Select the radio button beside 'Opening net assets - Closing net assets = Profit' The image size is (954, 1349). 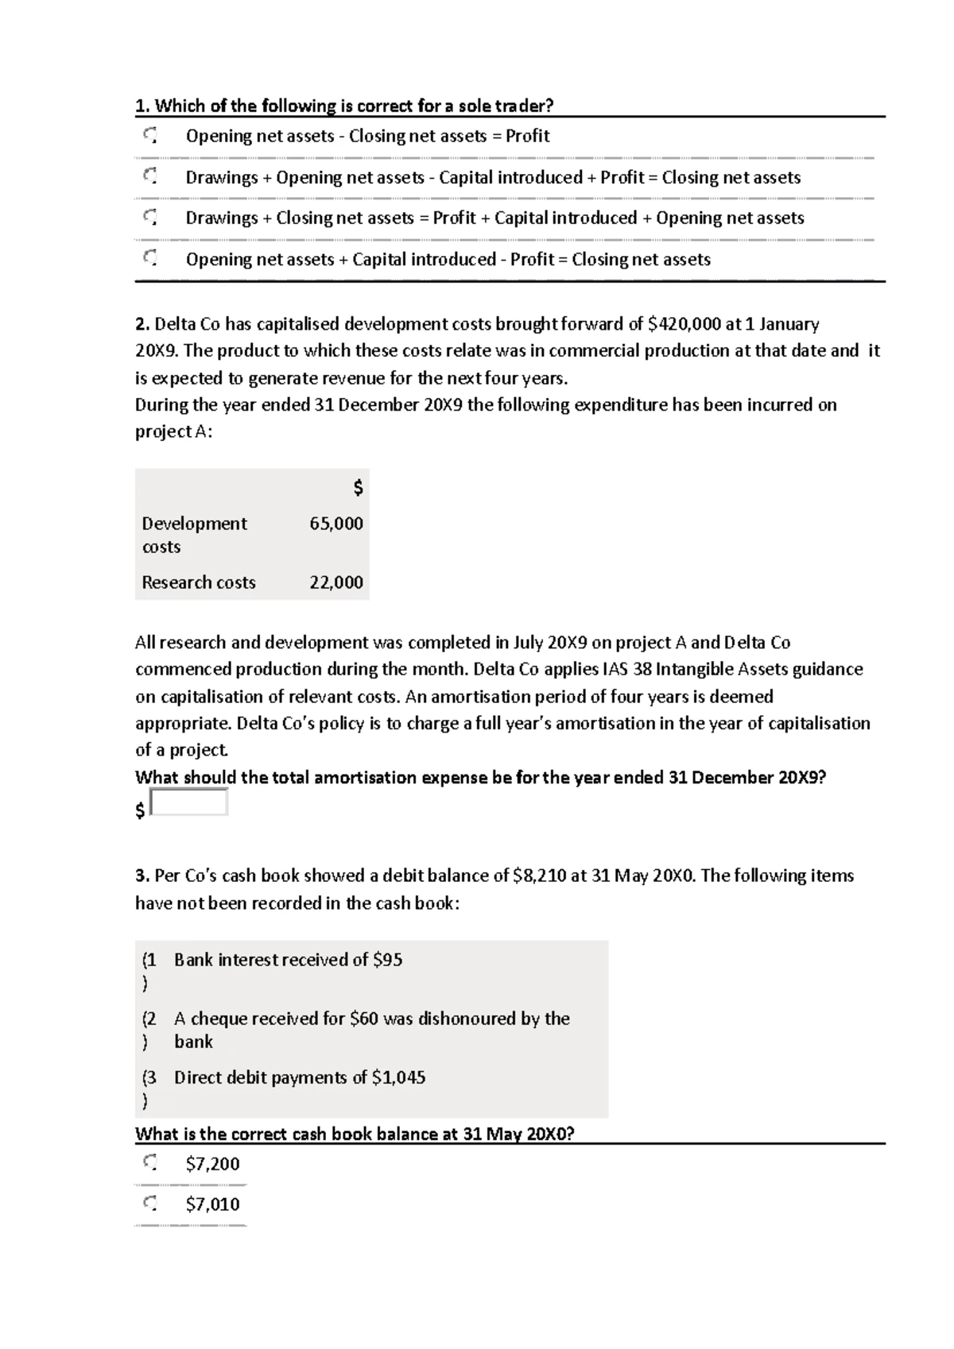(150, 136)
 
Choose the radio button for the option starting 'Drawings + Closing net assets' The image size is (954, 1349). (150, 218)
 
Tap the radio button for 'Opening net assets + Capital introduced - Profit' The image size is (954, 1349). (150, 259)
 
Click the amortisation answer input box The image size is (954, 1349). (189, 802)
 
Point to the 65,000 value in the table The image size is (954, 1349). (336, 524)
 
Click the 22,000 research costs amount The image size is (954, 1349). (336, 582)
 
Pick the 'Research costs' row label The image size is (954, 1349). (199, 582)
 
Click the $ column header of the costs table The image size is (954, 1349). (358, 488)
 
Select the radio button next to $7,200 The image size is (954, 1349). (150, 1164)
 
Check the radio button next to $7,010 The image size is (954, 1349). (150, 1204)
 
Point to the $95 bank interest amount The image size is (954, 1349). (387, 960)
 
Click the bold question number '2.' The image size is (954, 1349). (142, 324)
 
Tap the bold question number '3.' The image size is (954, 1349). (142, 875)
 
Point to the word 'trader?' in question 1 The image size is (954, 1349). (524, 106)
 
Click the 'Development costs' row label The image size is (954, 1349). (194, 535)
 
